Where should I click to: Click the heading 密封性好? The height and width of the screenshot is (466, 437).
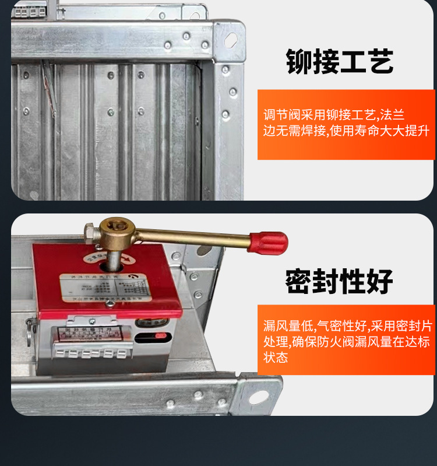tap(339, 281)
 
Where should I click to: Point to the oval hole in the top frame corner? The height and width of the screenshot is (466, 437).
tap(231, 40)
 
